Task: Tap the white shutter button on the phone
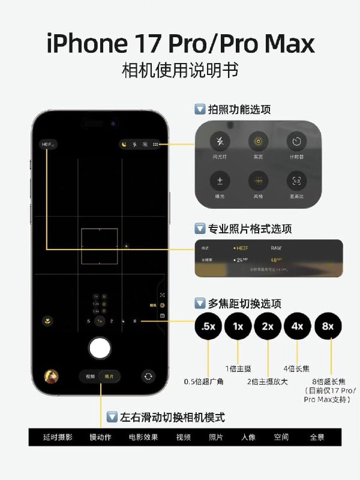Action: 100,348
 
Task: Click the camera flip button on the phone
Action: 148,376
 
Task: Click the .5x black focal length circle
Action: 208,326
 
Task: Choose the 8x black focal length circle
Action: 328,326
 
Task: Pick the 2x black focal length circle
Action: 268,326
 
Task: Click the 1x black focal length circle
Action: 238,326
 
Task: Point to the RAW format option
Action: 277,247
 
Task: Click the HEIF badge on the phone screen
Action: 47,145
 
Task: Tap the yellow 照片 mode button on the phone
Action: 109,376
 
